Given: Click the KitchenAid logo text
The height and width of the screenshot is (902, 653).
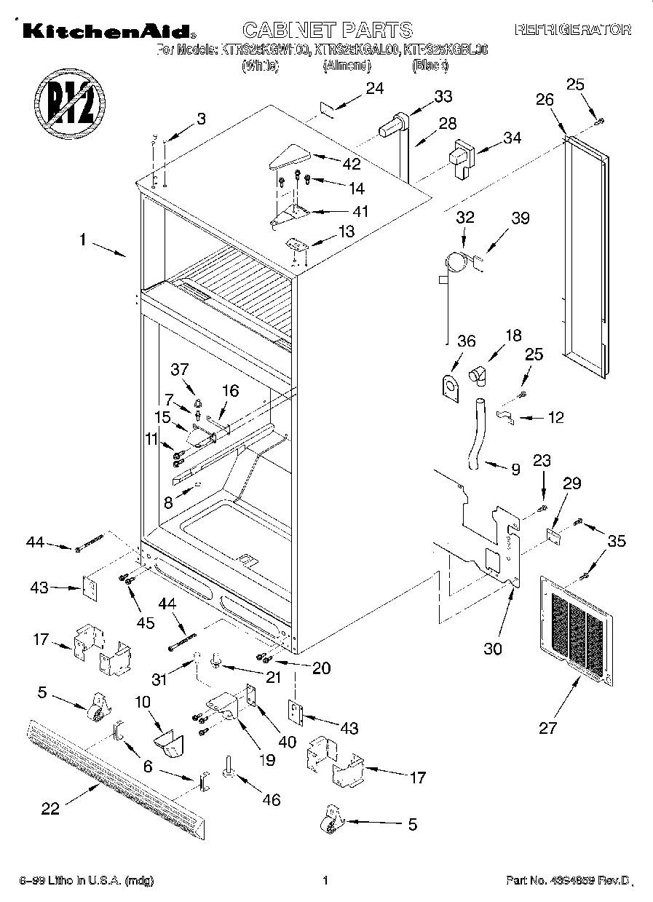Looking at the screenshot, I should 106,31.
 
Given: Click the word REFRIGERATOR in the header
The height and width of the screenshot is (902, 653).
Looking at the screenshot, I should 572,31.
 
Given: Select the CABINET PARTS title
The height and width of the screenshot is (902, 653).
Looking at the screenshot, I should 327,30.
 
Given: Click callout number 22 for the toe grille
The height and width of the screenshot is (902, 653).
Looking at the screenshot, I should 50,809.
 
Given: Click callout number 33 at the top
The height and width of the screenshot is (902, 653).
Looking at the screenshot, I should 443,96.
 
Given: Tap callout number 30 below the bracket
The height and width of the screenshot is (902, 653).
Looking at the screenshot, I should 493,648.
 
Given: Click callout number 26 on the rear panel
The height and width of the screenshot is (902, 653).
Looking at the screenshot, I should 545,100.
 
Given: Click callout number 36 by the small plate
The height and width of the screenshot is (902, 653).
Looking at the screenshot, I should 466,341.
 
